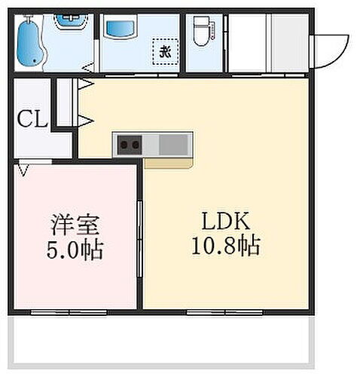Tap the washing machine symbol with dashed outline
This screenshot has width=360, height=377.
(164, 52)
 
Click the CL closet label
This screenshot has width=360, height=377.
(32, 118)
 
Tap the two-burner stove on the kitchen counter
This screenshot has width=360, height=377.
(128, 144)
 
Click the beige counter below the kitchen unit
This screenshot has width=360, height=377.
(169, 161)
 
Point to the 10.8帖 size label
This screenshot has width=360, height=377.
(224, 246)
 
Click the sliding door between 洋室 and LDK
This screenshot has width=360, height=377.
(141, 241)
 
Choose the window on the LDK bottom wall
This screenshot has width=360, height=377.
(223, 311)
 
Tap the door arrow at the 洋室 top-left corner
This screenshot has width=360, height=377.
(25, 170)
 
